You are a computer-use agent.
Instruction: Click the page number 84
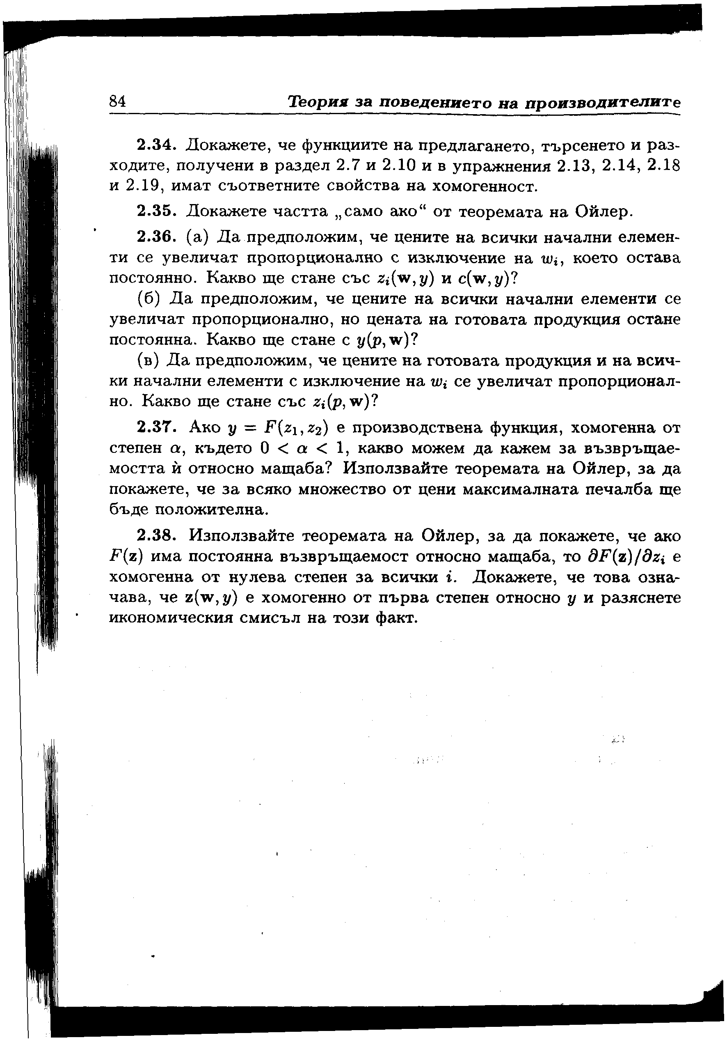tap(117, 101)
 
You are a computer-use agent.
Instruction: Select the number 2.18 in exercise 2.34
tap(664, 165)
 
